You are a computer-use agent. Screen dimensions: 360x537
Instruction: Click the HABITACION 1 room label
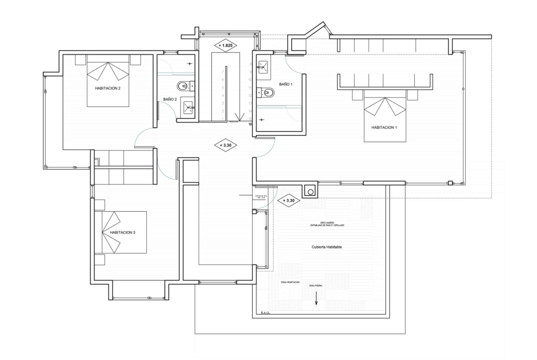click(x=384, y=127)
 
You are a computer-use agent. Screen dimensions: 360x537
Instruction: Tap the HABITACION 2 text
click(x=108, y=88)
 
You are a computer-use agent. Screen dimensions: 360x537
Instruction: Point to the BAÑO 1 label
click(x=285, y=84)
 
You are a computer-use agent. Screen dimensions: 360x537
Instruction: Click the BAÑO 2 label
click(x=169, y=99)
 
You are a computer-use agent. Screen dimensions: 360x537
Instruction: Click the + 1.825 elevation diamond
click(x=225, y=46)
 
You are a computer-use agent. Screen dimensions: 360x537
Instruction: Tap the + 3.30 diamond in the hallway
click(x=226, y=145)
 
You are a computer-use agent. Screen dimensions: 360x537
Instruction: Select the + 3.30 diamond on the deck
click(x=288, y=200)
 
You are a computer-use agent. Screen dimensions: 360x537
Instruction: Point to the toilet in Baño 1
click(x=268, y=93)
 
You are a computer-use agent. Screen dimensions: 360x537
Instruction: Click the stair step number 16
click(x=250, y=124)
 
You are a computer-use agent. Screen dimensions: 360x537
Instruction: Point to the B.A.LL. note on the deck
click(x=265, y=313)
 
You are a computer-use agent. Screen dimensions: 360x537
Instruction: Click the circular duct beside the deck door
click(x=310, y=192)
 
